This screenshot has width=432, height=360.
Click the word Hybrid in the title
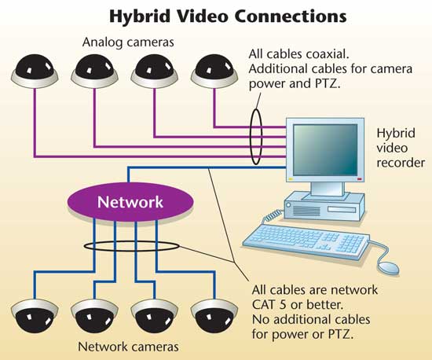pyautogui.click(x=140, y=17)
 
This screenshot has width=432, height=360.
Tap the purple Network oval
pyautogui.click(x=130, y=201)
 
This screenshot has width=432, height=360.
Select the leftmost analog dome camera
pyautogui.click(x=35, y=72)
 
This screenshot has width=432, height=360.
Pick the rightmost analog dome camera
pyautogui.click(x=214, y=72)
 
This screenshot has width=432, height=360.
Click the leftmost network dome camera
pyautogui.click(x=35, y=315)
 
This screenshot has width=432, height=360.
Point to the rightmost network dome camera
pyautogui.click(x=214, y=315)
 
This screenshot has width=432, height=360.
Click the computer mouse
pyautogui.click(x=389, y=268)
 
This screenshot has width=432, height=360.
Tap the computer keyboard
pyautogui.click(x=306, y=241)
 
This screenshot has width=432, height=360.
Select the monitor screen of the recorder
pyautogui.click(x=325, y=149)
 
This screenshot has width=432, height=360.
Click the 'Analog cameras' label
pyautogui.click(x=128, y=42)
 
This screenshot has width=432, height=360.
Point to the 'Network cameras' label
pyautogui.click(x=128, y=347)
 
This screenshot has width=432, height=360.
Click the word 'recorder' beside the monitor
pyautogui.click(x=401, y=163)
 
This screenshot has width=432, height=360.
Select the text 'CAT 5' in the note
pyautogui.click(x=269, y=305)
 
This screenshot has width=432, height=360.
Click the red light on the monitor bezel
pyautogui.click(x=359, y=179)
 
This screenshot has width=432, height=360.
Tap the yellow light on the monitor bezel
pyautogui.click(x=291, y=179)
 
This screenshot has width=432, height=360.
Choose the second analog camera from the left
pyautogui.click(x=94, y=72)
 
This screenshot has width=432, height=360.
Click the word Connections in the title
pyautogui.click(x=291, y=17)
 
